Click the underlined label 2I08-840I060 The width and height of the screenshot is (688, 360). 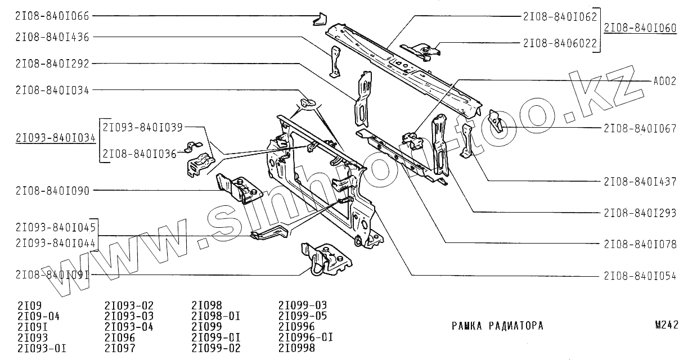pos(640,29)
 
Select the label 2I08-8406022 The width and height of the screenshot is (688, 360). pos(560,43)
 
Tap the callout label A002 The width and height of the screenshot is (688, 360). pos(664,81)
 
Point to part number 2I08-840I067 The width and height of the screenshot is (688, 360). pos(640,128)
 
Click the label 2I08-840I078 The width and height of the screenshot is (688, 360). pos(640,244)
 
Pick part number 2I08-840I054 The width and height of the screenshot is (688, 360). pos(640,276)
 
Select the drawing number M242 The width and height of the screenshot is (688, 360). pos(667,326)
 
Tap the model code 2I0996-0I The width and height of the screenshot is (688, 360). pos(306,337)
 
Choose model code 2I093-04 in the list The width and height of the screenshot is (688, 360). pos(129,327)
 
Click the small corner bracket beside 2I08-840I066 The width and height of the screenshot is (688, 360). pos(319,19)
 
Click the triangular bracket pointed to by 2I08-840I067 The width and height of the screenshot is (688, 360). pos(496,120)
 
